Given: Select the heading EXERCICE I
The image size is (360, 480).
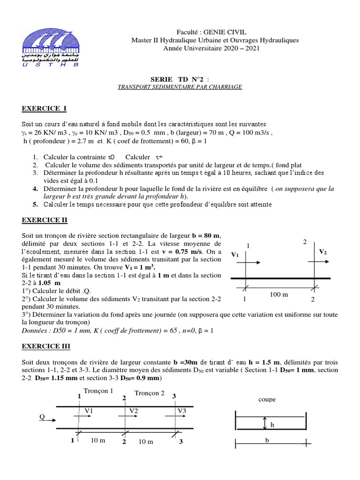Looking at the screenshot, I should (45, 109).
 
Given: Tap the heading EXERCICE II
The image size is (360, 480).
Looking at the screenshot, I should (45, 219).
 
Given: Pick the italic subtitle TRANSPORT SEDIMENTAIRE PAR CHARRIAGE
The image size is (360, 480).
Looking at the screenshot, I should (180, 87).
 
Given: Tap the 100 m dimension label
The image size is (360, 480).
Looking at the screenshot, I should (279, 294).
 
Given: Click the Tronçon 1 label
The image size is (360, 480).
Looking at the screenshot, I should (98, 391).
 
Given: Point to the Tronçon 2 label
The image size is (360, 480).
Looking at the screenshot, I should (150, 393).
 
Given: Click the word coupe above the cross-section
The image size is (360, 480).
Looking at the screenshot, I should (267, 399).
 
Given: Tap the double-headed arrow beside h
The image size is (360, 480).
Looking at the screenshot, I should (265, 423).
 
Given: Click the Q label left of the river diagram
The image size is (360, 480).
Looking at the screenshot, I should (42, 417).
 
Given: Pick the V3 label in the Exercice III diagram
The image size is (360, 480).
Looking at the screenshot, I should (182, 411).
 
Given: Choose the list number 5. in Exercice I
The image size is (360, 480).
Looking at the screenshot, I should (35, 204).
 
